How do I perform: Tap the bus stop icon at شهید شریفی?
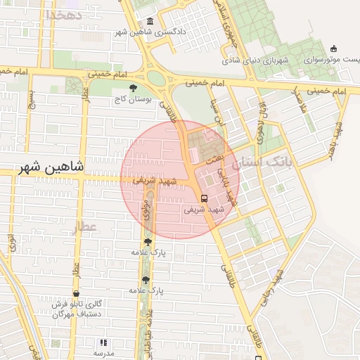[204, 198]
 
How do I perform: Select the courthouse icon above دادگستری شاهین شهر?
[150, 21]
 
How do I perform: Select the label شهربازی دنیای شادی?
[266, 60]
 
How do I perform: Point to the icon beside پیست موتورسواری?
[333, 49]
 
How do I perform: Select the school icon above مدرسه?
[103, 342]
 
